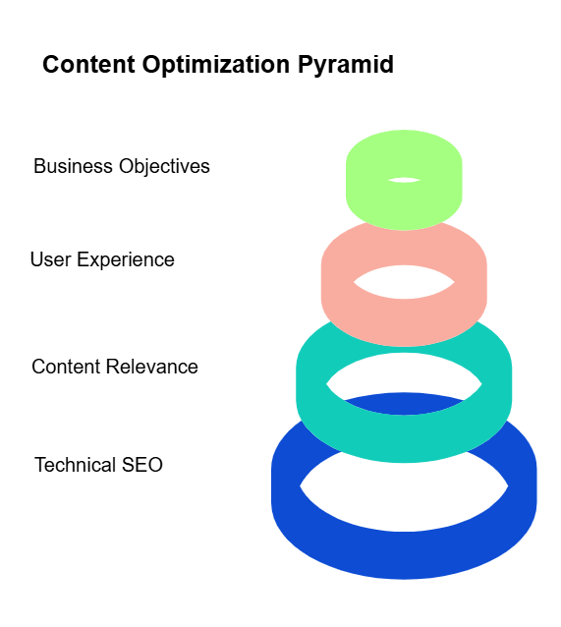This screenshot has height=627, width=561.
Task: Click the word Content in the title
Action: (88, 64)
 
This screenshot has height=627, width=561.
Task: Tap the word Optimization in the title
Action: (216, 65)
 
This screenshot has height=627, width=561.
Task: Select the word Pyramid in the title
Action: (346, 65)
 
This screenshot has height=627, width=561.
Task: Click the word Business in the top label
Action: (73, 166)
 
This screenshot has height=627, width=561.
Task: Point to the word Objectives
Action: (164, 167)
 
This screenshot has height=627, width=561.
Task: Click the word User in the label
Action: (51, 259)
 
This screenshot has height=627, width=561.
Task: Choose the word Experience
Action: (126, 260)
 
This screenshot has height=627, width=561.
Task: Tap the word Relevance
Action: (151, 367)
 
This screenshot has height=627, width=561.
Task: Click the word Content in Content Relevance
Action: (66, 367)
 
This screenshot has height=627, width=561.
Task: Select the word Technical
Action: (76, 465)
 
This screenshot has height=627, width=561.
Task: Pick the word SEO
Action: (141, 465)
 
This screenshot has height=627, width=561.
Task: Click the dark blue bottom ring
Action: (404, 556)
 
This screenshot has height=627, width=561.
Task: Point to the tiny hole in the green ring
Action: (404, 180)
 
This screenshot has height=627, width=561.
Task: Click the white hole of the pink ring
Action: (404, 282)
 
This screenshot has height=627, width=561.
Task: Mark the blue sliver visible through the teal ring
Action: (404, 404)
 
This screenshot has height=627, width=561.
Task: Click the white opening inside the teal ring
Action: (404, 371)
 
